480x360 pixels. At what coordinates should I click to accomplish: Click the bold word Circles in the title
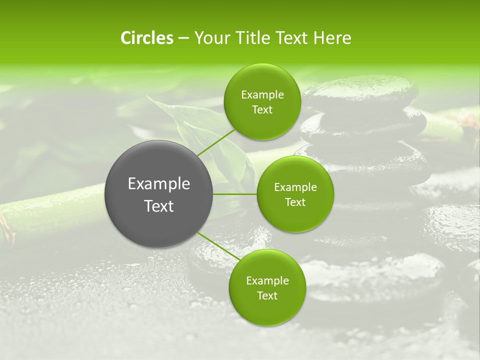(147, 38)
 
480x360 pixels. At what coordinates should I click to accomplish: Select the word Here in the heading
(332, 38)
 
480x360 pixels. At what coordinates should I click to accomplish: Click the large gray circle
(159, 220)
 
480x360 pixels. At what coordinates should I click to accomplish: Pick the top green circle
(262, 125)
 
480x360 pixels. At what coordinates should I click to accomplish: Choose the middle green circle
(295, 215)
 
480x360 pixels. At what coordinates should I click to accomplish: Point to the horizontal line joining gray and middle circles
(235, 194)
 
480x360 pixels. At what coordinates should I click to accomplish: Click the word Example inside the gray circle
(159, 184)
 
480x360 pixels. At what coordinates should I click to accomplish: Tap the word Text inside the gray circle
(159, 206)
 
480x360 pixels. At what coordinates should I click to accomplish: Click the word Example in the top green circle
(262, 95)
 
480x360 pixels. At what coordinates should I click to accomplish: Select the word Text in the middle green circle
(295, 202)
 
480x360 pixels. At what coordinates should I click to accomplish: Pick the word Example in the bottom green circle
(267, 281)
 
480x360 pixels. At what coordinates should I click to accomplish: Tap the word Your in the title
(210, 38)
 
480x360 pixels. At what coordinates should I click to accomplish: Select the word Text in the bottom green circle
(267, 296)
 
